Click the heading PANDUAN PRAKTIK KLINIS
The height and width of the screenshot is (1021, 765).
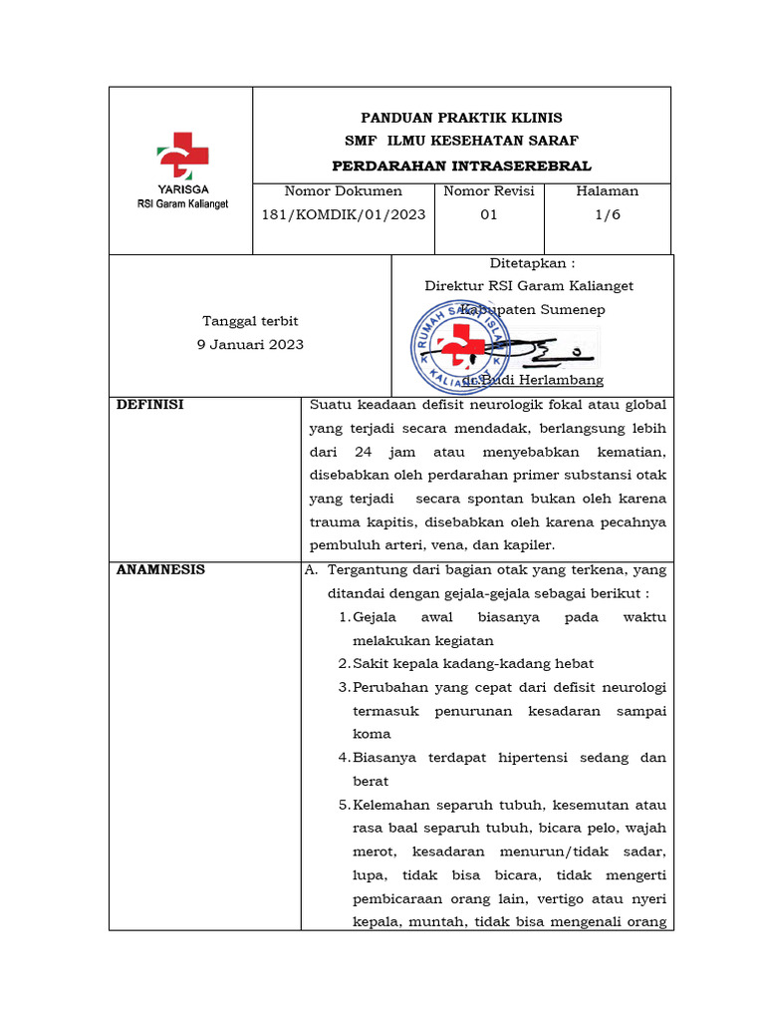click(x=461, y=117)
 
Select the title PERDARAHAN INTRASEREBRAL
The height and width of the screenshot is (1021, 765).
click(x=461, y=166)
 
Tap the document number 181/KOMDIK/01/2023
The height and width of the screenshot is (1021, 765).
click(x=343, y=214)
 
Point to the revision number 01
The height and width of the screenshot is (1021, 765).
click(x=488, y=214)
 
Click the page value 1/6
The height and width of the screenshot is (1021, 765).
click(x=608, y=214)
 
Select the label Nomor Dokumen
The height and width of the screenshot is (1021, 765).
click(x=343, y=190)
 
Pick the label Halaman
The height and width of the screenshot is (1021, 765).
click(x=608, y=190)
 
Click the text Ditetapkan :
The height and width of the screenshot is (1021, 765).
click(x=532, y=263)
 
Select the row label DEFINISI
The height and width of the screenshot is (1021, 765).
click(x=150, y=405)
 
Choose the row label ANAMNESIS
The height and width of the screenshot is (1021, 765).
click(x=161, y=570)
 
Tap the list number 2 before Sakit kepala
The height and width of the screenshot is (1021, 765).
click(x=343, y=664)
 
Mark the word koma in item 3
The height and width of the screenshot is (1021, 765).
click(x=372, y=734)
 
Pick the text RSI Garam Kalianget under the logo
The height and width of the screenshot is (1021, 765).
click(x=182, y=203)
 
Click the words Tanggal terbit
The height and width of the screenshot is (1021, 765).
click(x=251, y=321)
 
